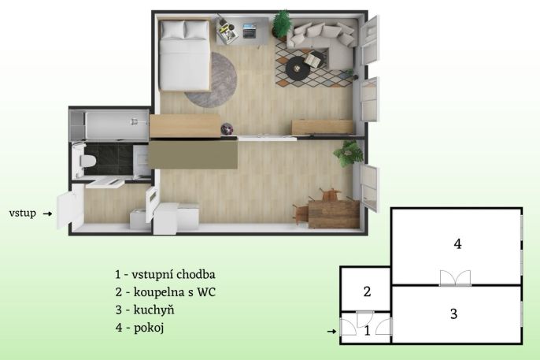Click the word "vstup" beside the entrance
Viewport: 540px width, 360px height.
22,213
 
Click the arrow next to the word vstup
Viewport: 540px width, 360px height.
47,214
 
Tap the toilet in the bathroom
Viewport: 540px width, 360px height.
85,161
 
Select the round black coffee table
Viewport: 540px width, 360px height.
298,69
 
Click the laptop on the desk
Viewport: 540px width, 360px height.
250,30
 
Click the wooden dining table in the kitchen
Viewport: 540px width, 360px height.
334,213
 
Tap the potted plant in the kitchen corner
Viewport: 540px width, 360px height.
348,154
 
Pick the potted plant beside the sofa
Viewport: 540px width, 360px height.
282,24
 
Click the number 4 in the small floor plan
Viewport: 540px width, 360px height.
457,244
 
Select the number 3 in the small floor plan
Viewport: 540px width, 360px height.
454,314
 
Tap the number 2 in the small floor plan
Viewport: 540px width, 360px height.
367,291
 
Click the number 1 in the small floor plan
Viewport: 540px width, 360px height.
367,331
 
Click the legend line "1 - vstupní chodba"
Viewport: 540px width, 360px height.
165,275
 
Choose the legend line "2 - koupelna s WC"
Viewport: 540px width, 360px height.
165,292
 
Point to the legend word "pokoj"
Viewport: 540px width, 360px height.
149,328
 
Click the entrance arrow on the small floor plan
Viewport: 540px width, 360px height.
331,332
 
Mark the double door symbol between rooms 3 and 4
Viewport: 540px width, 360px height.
455,278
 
